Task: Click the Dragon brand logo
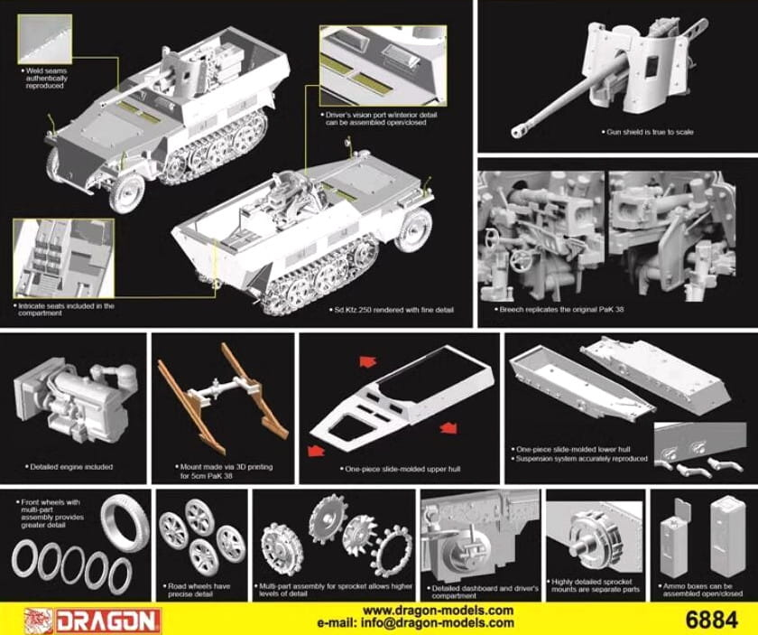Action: pyautogui.click(x=92, y=620)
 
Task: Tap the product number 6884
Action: pyautogui.click(x=712, y=620)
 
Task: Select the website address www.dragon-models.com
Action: pyautogui.click(x=438, y=611)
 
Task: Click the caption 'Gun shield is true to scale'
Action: pyautogui.click(x=647, y=132)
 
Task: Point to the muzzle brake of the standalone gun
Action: pyautogui.click(x=518, y=131)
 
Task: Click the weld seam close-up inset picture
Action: pyautogui.click(x=44, y=39)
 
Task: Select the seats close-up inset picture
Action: pyautogui.click(x=64, y=258)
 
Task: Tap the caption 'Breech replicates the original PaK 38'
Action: pyautogui.click(x=559, y=309)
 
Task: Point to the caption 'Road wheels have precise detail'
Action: pyautogui.click(x=198, y=590)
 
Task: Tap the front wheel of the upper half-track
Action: pyautogui.click(x=127, y=192)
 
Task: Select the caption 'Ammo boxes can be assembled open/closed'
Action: pyautogui.click(x=700, y=590)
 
